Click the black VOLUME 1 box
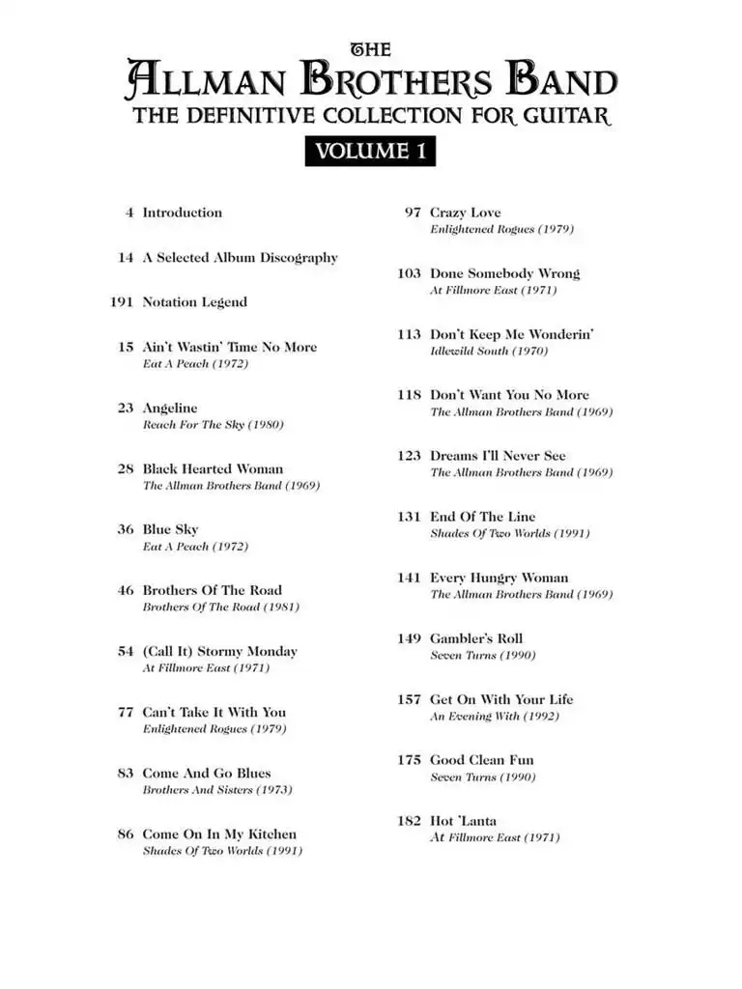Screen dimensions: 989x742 pos(370,151)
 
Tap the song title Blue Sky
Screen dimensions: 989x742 pos(170,529)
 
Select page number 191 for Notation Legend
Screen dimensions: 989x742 pos(121,302)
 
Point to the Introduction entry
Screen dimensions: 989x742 pos(182,212)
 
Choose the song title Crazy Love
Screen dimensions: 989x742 pos(465,212)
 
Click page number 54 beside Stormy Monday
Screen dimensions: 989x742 pos(126,652)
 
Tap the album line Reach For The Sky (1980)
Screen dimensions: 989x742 pos(213,425)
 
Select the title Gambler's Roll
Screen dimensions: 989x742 pos(475,638)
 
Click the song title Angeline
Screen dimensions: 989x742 pos(169,409)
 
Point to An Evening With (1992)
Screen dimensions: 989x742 pos(494,717)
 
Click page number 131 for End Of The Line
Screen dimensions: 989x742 pos(409,517)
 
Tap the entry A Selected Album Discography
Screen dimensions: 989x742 pos(240,258)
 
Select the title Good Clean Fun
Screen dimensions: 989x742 pos(481,760)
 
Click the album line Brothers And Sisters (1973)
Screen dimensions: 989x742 pos(217,790)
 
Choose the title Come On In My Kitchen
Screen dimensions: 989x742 pos(219,834)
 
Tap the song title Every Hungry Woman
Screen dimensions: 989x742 pos(499,578)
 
